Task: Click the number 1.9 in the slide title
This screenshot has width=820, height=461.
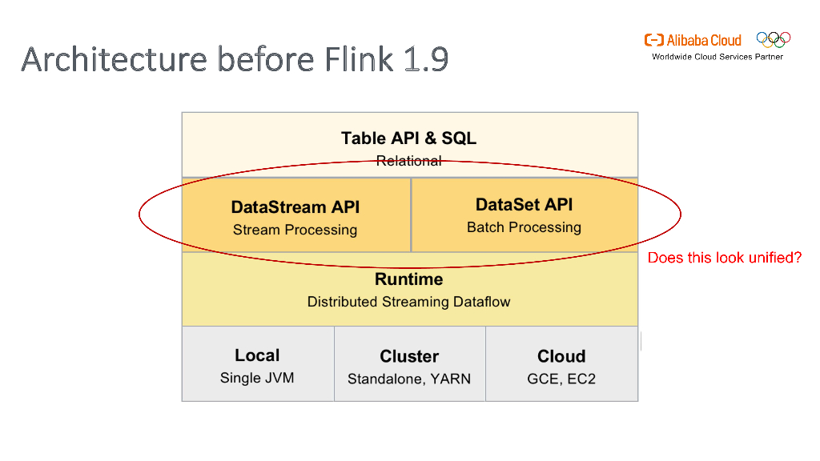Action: point(426,59)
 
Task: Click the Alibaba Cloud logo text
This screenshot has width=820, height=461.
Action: point(693,39)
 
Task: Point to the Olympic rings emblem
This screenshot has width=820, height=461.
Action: point(774,38)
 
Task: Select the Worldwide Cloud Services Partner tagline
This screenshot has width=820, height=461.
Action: point(717,57)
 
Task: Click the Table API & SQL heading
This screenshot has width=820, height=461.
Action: point(408,138)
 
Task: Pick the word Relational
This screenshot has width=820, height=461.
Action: point(408,161)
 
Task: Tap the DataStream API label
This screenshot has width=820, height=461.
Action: point(295,207)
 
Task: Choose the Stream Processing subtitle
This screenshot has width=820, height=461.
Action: point(295,230)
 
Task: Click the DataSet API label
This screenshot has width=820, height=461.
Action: point(524,205)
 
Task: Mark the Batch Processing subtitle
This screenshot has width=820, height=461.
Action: point(524,227)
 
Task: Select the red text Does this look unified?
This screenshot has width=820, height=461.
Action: point(724,258)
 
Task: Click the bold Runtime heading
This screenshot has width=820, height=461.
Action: point(408,279)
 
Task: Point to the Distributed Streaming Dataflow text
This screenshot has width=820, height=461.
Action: point(408,302)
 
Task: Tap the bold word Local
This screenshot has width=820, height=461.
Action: point(257,355)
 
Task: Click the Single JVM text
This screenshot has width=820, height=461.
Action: point(257,377)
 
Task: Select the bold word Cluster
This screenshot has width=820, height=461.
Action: point(409,356)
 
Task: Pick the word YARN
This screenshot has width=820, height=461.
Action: point(452,379)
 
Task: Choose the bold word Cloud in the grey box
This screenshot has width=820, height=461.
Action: point(561,356)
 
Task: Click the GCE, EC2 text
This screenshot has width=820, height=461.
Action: point(561,379)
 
